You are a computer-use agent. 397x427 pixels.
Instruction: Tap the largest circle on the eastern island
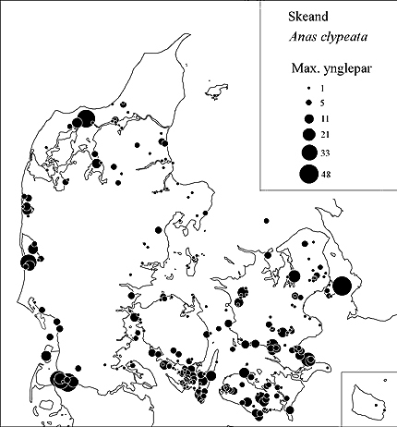click(341, 287)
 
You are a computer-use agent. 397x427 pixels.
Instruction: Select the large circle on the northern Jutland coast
click(85, 117)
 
